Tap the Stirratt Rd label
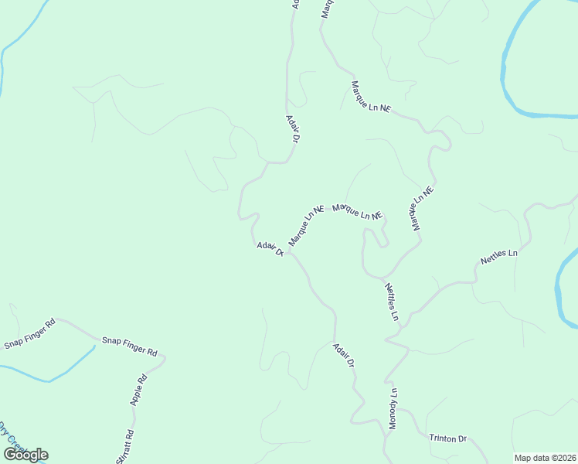(x=124, y=447)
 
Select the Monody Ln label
(x=393, y=408)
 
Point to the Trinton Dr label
(x=448, y=438)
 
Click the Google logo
(x=25, y=455)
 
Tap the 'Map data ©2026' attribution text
(x=545, y=458)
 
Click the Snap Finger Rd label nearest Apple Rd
(x=130, y=346)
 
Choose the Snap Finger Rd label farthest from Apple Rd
(x=30, y=333)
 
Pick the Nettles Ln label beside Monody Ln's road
(x=392, y=302)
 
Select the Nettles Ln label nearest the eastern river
(x=498, y=257)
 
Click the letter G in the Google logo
(x=11, y=455)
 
